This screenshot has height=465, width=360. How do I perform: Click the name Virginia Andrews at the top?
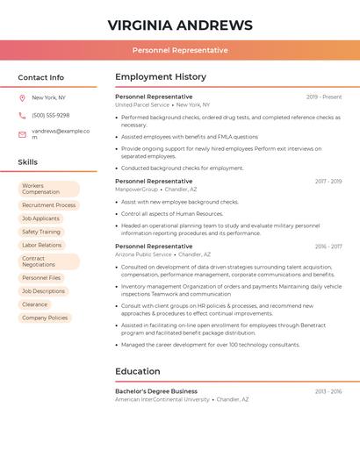(180, 25)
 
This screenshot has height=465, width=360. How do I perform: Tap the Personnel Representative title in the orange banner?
(180, 50)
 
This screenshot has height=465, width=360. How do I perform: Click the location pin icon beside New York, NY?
(22, 97)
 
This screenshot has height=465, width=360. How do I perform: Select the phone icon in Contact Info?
(22, 115)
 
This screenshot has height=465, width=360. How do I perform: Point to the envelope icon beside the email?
(22, 133)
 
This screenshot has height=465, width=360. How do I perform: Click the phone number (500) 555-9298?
(51, 115)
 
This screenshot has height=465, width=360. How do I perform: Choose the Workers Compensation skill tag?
(48, 189)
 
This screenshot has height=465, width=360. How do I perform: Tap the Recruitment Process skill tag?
(48, 205)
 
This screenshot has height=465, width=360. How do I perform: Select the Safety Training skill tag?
(41, 232)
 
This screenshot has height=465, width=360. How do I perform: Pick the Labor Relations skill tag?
(42, 245)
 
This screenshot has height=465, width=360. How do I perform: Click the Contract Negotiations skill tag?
(48, 261)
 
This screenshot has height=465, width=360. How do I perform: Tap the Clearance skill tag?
(35, 304)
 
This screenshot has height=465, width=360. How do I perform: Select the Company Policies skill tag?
(45, 318)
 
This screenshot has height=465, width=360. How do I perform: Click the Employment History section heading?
(161, 77)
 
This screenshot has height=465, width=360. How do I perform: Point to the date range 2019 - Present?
(324, 97)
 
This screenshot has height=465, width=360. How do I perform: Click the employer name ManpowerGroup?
(137, 190)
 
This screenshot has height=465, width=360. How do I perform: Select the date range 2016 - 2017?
(328, 247)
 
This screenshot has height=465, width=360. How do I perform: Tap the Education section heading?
(138, 371)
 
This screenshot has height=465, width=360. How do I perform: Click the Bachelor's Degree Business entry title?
(156, 391)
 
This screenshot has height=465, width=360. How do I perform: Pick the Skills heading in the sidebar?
(28, 162)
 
